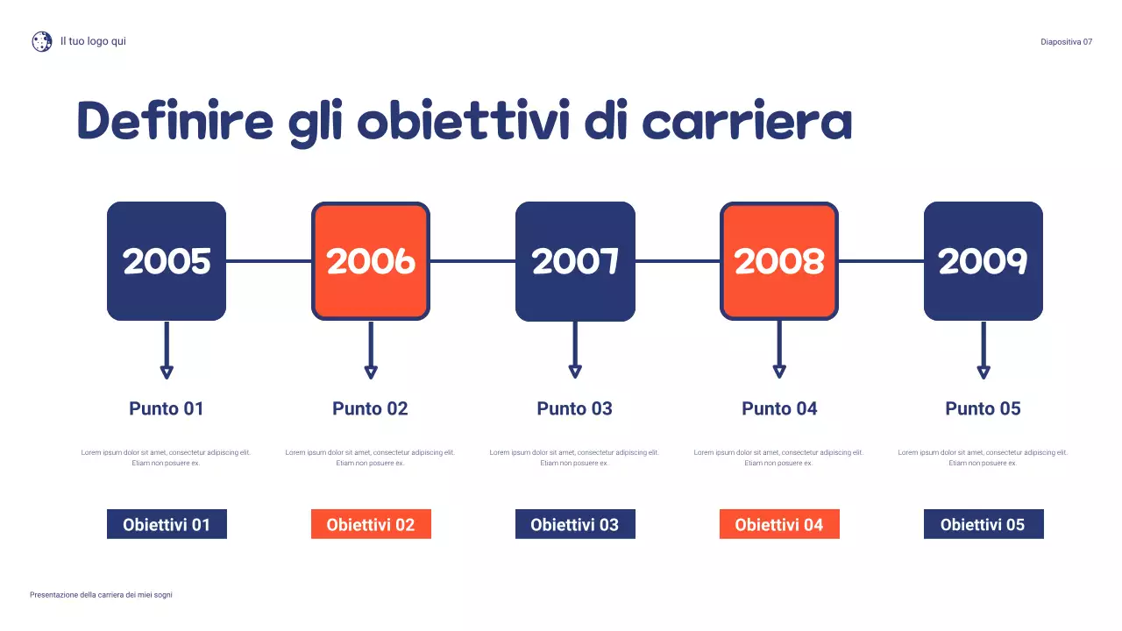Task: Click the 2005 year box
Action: coord(167,261)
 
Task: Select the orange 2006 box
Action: coord(371,261)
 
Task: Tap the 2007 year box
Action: coord(575,261)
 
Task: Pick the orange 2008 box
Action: coord(779,261)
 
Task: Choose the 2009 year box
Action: coord(984,261)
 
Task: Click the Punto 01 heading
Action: coord(167,408)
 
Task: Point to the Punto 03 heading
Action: coord(575,408)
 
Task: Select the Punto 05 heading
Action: coord(984,408)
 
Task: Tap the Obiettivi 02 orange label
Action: coord(371,524)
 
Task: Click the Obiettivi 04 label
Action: coord(779,524)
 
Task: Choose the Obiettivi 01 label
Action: coord(167,524)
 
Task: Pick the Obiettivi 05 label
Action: coord(984,524)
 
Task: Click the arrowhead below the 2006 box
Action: coord(371,372)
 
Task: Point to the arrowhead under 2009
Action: coord(984,372)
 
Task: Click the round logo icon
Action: coord(42,41)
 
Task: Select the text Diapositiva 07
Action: coord(1066,42)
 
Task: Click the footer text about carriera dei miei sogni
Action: coord(101,595)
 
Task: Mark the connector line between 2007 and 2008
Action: coord(678,261)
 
